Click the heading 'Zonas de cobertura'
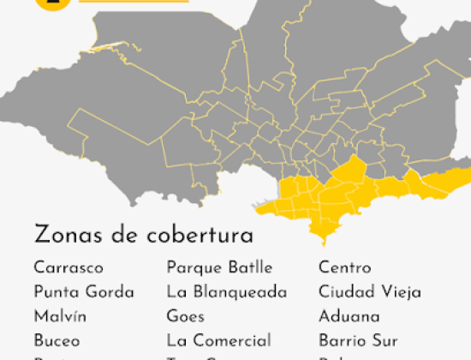pos(143,235)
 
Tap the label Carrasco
pos(69,268)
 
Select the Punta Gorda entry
pos(84,292)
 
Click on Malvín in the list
pos(60,316)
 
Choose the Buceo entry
pos(57,340)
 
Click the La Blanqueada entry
pos(227,292)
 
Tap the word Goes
pos(186,316)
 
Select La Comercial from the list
pos(218,340)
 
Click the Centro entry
pos(345,268)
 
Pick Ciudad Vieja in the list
pos(370,292)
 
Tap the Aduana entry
pos(349,316)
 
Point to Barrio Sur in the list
pos(358,340)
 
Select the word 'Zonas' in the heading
pos(64,235)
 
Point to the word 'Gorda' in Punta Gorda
pos(110,292)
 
